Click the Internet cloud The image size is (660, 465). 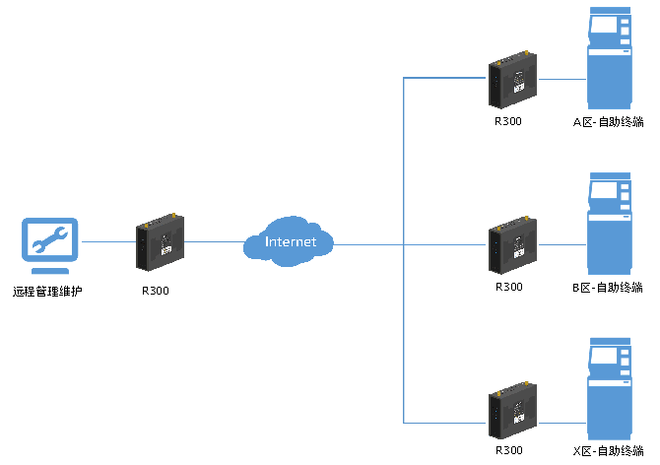[x=289, y=241]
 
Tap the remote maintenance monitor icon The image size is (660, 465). [x=50, y=245]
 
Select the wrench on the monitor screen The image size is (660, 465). [x=50, y=239]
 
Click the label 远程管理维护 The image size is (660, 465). [x=47, y=291]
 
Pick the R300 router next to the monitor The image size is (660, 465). [x=160, y=242]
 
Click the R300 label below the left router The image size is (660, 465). [x=156, y=291]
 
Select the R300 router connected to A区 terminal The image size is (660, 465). [x=512, y=80]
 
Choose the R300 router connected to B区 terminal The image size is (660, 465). [x=512, y=245]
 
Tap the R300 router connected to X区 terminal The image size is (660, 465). [x=512, y=411]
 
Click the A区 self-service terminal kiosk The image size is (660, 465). [x=610, y=58]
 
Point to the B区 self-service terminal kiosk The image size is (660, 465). [x=610, y=224]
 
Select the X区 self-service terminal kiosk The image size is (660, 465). [x=610, y=389]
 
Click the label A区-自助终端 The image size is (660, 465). [x=608, y=122]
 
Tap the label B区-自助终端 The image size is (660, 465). [x=608, y=288]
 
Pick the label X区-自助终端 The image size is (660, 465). [x=608, y=451]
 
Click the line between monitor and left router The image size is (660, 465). [x=108, y=242]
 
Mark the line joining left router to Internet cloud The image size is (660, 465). [x=215, y=242]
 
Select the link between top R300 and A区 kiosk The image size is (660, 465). [x=561, y=79]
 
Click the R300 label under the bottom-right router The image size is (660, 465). [x=509, y=450]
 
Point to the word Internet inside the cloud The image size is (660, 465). [x=290, y=241]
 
